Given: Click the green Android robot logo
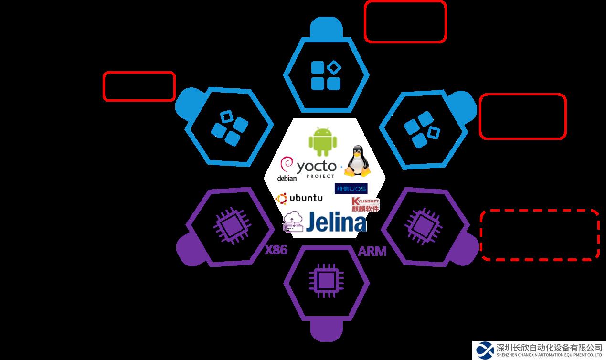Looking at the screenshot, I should (323, 141).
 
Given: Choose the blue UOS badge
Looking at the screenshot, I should (351, 189).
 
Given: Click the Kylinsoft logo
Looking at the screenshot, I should (365, 205).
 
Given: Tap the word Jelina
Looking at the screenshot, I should (336, 222).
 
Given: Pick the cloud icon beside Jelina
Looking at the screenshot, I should (293, 222).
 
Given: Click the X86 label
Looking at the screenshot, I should (276, 249).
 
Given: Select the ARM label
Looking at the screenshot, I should (372, 252).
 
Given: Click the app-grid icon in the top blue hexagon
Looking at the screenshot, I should (326, 75).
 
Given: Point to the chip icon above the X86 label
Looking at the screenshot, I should (232, 223).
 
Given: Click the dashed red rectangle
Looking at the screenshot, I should (540, 234).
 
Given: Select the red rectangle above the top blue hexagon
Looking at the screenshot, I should (405, 21).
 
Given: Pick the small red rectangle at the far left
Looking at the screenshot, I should (139, 86).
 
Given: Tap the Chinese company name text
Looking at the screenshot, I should (549, 347).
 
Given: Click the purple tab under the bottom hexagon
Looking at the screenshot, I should (327, 329).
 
